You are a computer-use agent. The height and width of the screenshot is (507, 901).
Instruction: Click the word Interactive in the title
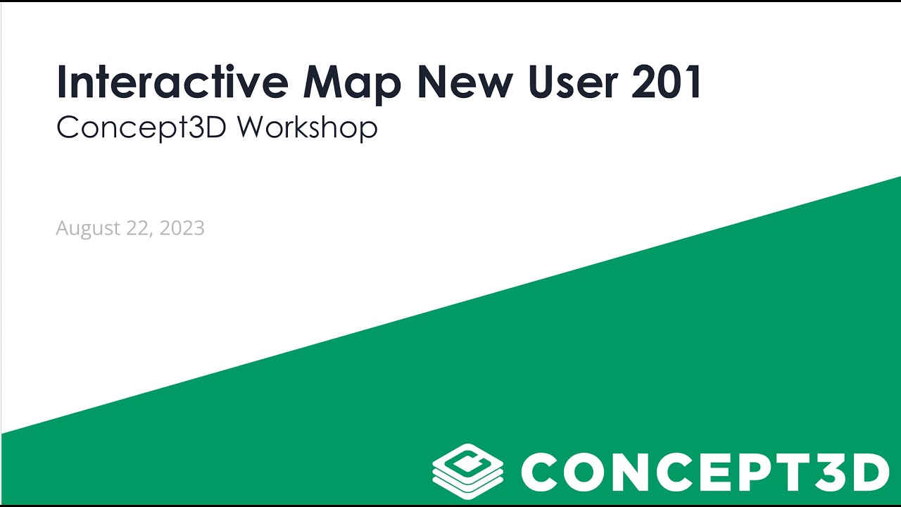click(x=172, y=82)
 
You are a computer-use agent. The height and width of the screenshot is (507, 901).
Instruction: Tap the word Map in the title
click(x=352, y=83)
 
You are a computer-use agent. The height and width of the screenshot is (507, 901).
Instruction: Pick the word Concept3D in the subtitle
click(x=141, y=127)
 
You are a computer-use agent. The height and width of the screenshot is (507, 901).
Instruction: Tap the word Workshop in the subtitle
click(x=307, y=127)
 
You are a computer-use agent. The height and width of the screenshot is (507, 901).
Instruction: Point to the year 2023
click(x=182, y=228)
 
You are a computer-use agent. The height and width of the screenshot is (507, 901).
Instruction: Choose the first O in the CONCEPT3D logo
click(x=590, y=472)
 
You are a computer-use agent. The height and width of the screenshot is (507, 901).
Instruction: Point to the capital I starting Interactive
click(x=63, y=82)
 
